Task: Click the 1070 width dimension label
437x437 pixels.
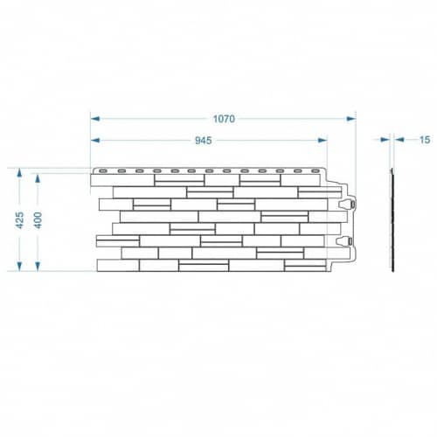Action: point(224,119)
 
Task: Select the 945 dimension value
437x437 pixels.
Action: point(203,141)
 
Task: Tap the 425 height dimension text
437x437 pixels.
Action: point(19,220)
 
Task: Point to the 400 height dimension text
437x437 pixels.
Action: point(38,220)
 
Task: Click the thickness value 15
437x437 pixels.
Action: point(425,140)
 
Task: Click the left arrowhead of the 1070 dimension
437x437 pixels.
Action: point(95,119)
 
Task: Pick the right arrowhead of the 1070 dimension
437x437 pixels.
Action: point(350,119)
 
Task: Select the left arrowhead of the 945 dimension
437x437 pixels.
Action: point(95,141)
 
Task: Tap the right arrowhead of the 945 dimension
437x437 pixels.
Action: point(323,141)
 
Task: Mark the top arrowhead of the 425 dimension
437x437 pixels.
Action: point(19,173)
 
